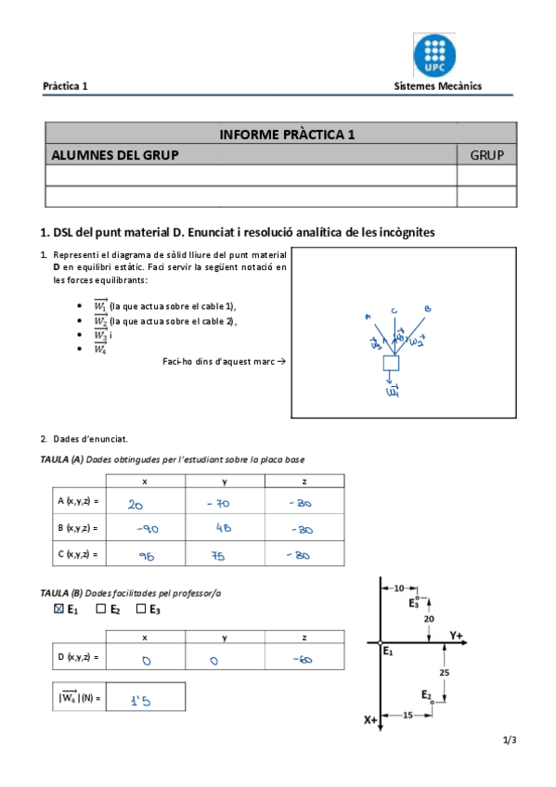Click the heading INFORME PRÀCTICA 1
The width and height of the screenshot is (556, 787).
(x=287, y=134)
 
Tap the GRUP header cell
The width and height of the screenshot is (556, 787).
(x=486, y=155)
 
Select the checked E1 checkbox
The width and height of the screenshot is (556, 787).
(x=59, y=610)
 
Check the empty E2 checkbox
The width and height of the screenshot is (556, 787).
(x=101, y=610)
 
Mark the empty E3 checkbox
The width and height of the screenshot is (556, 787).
(x=141, y=610)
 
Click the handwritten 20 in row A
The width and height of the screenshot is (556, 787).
(x=136, y=504)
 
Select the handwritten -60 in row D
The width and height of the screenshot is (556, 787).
(x=303, y=660)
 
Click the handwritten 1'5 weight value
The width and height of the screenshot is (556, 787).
(x=140, y=700)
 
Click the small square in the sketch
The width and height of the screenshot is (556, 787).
(x=391, y=363)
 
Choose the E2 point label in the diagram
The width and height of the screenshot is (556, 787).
(x=425, y=694)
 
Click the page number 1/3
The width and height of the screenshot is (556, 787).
(x=509, y=740)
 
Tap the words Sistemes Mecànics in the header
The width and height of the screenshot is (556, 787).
(x=437, y=86)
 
